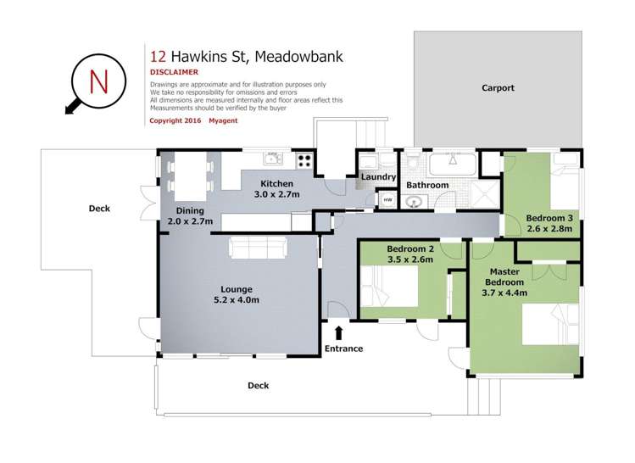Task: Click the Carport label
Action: tap(498, 88)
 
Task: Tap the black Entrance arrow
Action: tap(339, 333)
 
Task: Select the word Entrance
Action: tap(343, 349)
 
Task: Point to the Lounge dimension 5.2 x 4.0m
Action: tap(236, 299)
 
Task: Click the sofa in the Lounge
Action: tap(258, 247)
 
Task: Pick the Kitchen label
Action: tap(276, 184)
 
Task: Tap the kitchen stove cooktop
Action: tap(304, 159)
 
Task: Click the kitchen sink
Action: tap(272, 159)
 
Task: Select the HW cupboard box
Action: tap(387, 200)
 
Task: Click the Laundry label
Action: tap(377, 177)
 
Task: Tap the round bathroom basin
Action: tap(413, 203)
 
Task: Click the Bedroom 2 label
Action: tap(410, 248)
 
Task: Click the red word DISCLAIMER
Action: tap(174, 73)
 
